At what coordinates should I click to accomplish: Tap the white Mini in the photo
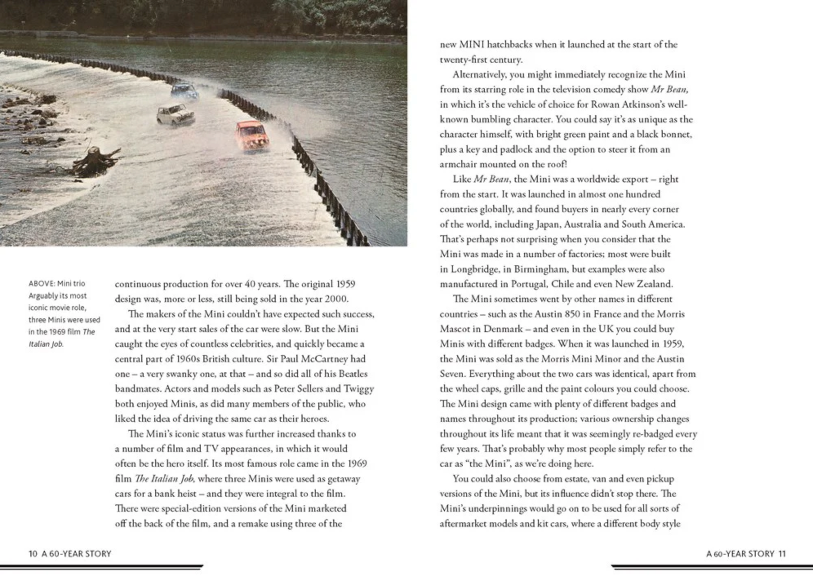tap(176, 114)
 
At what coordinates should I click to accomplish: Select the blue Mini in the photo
tap(185, 91)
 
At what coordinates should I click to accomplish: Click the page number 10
tap(33, 554)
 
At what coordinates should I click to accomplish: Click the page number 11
tap(782, 554)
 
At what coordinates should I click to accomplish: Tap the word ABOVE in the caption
tap(41, 284)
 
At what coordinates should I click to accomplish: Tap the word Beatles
tap(353, 374)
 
